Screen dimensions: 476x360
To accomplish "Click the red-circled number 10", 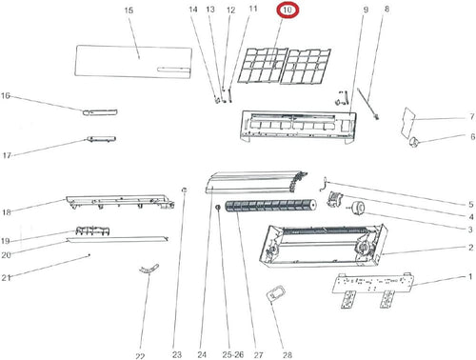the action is [288, 10].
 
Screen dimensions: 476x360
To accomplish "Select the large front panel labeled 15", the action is [133, 62].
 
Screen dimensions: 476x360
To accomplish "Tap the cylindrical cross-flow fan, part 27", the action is [270, 206].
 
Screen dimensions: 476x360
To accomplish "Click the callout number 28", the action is [287, 354].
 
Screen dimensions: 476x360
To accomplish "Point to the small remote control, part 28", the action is [276, 293].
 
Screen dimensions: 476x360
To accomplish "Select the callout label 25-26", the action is [233, 354].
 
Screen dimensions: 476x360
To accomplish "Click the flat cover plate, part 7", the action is [408, 123].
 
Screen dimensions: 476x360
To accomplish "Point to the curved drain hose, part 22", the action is [149, 269].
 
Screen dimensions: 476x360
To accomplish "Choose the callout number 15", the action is [129, 10].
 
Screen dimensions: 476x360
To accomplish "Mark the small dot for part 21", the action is [89, 255].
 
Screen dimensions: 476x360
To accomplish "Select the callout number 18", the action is [7, 212].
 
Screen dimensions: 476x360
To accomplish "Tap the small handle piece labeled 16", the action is [100, 111].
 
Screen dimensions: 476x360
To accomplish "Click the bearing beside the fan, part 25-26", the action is [218, 208].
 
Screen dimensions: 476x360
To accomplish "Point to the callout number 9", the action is [366, 10].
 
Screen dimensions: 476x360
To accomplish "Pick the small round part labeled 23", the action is [184, 190].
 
